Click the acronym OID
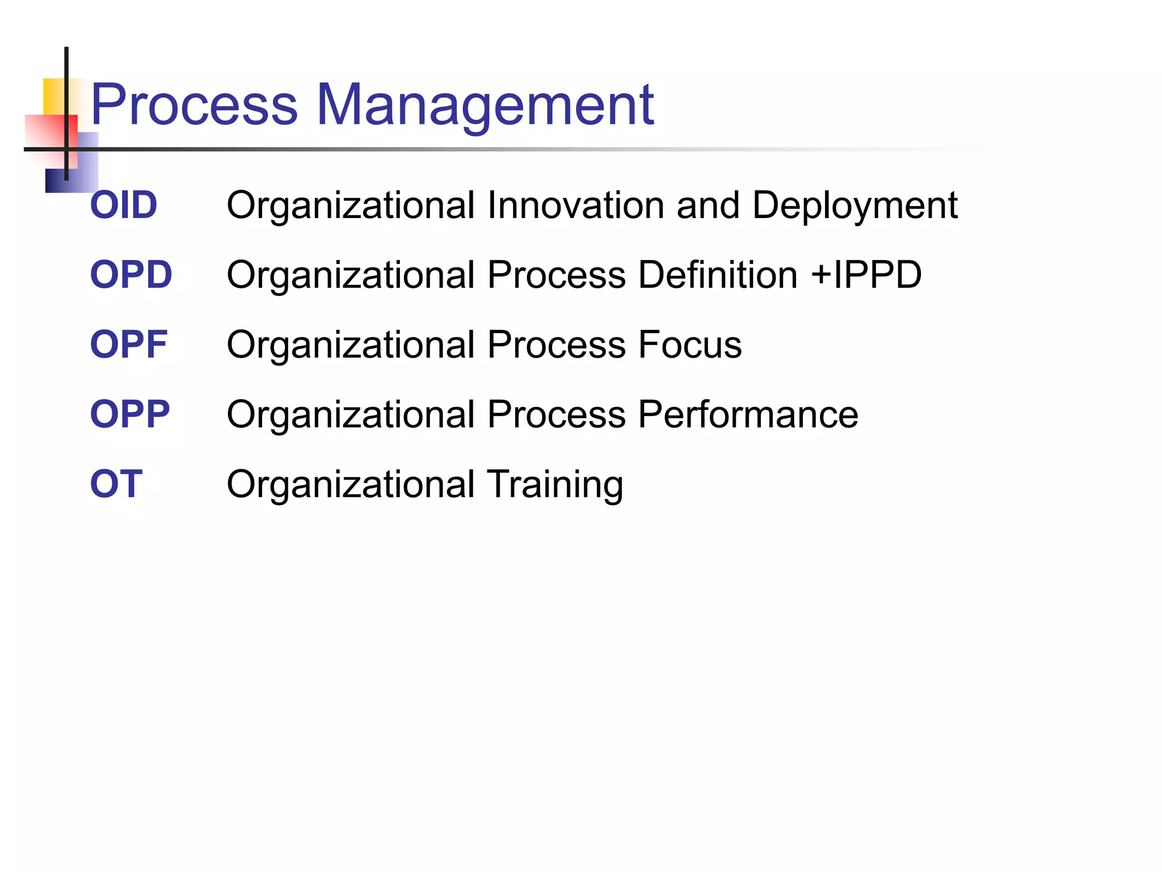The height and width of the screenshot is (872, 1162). tap(124, 205)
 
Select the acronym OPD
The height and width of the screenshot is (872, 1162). tap(131, 275)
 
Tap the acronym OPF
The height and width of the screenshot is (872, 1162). tap(129, 345)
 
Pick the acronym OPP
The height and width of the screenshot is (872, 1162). tap(130, 414)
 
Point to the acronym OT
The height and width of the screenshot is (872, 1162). tap(116, 484)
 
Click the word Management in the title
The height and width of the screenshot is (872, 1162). tap(485, 105)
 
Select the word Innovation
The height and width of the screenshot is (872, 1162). tap(575, 205)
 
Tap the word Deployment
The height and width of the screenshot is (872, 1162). tap(855, 205)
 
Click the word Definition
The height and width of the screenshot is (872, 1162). tap(718, 275)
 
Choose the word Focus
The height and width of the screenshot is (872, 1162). tap(690, 345)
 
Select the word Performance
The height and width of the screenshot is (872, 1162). tap(748, 414)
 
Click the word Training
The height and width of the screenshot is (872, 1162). tap(555, 484)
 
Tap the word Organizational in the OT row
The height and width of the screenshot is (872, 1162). tap(351, 484)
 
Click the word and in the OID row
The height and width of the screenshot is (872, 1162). tap(708, 205)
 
